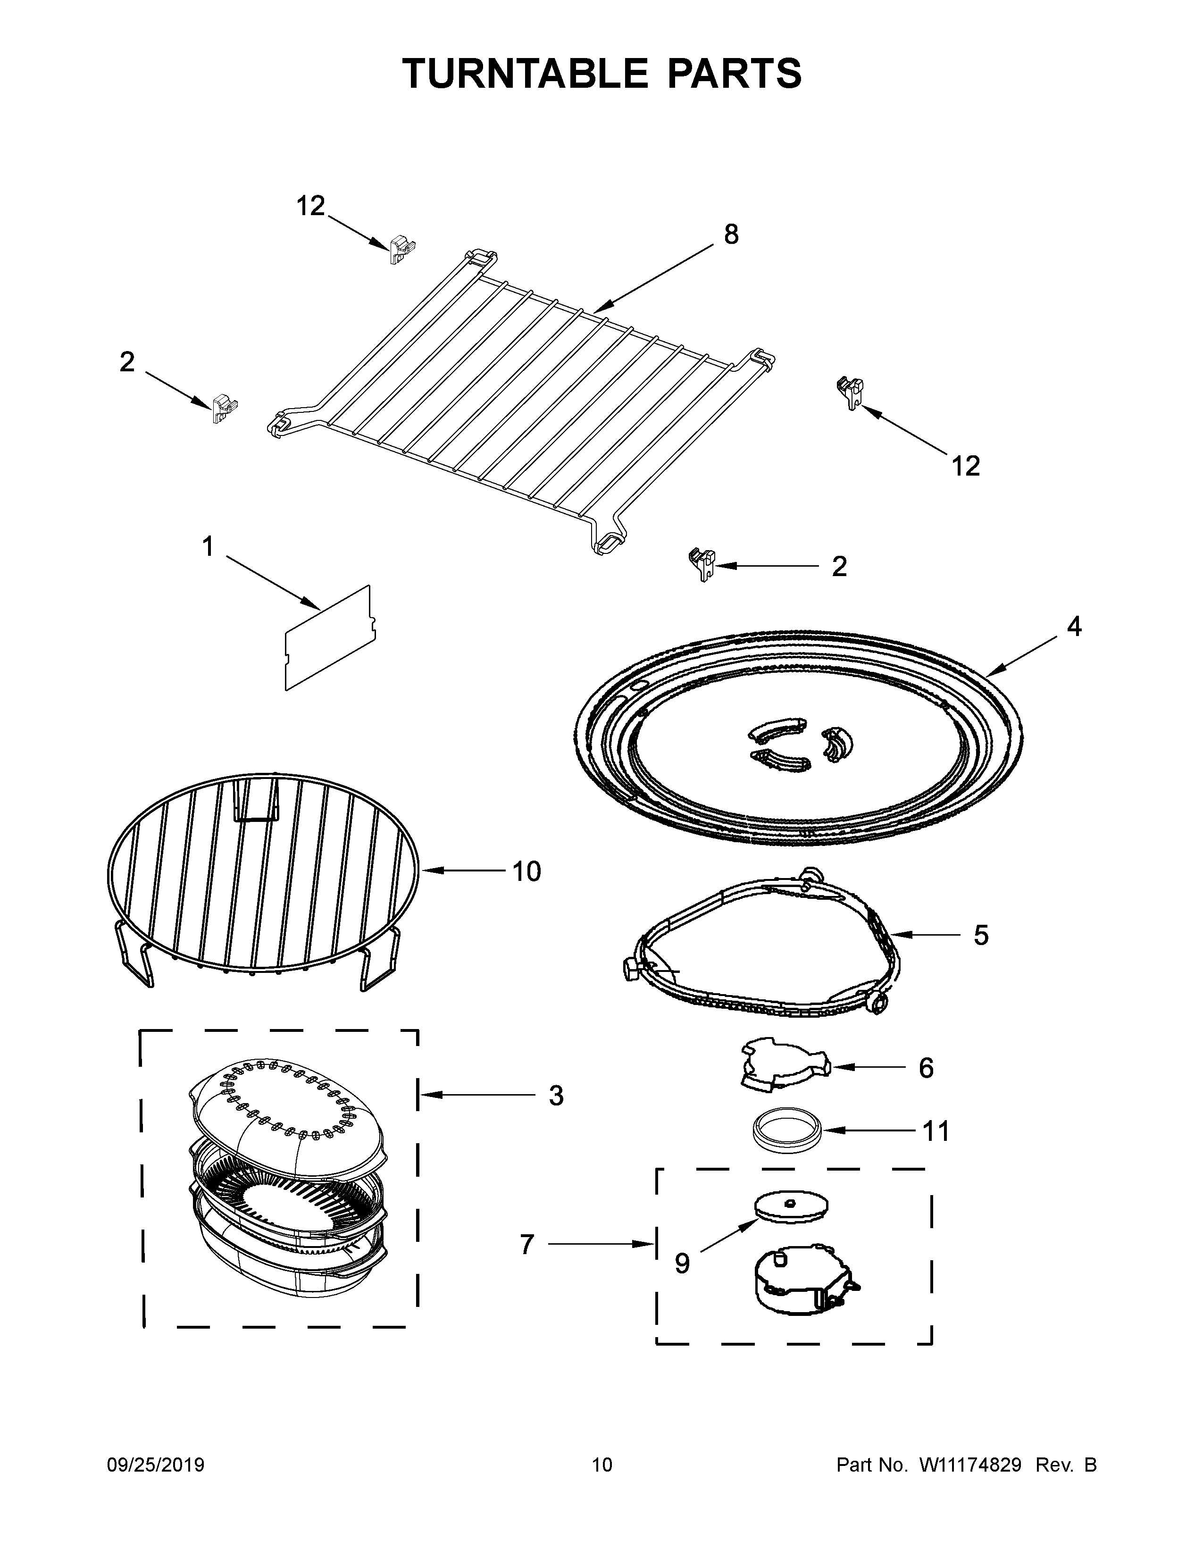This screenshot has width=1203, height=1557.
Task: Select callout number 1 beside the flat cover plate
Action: coord(208,547)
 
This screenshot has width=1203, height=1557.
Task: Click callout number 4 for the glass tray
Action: coord(1073,627)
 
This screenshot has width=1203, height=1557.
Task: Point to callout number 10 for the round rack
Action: coord(526,871)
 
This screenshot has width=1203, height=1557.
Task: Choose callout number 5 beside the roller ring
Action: coord(981,935)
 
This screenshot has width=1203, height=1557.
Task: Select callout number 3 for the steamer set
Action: coord(556,1096)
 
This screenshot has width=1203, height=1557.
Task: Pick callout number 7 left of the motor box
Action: coord(526,1245)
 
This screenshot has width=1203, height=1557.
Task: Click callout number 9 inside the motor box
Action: coord(682,1264)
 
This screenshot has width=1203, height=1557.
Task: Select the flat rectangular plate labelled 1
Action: coord(329,638)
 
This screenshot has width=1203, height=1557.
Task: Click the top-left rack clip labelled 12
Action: coord(402,250)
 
